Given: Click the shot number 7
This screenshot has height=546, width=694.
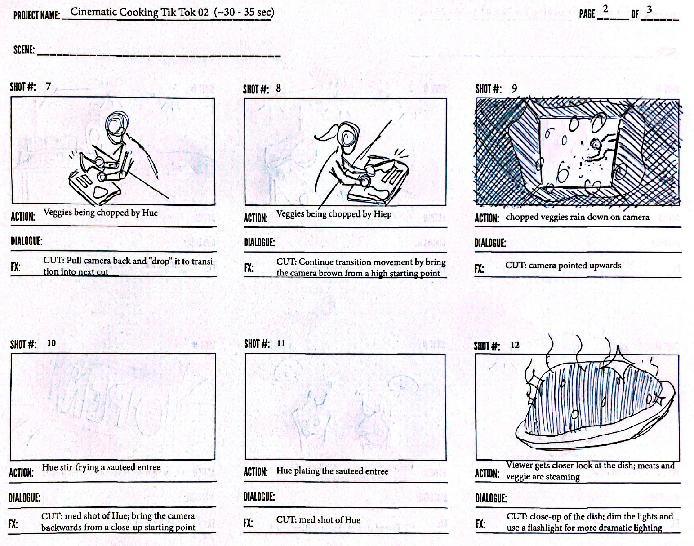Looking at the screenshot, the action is (48, 86).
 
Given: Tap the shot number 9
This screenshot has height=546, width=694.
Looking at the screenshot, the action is (514, 89).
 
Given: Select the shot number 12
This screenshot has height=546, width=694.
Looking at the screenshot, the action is (515, 345).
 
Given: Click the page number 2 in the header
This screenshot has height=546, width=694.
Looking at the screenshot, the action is (605, 9).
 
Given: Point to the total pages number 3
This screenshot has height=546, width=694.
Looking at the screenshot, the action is (649, 10).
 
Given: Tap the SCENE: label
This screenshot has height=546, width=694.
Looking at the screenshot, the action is (24, 50).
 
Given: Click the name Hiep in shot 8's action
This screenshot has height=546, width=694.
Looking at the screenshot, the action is (383, 214).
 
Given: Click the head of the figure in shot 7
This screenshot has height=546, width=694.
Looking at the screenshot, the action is (116, 124).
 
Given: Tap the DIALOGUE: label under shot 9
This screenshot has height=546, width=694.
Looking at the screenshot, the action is (490, 243).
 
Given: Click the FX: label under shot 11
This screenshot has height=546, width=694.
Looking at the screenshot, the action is (248, 523).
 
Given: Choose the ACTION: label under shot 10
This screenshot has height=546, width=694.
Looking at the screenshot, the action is (21, 473).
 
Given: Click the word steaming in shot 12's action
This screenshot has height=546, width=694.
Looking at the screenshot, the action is (562, 477).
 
